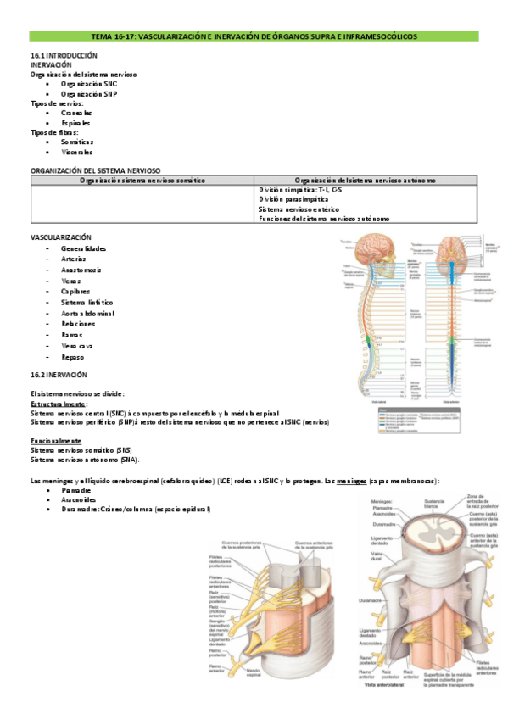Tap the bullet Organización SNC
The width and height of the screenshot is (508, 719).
(88, 84)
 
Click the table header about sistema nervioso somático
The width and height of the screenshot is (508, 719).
(142, 180)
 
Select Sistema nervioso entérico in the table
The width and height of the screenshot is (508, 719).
(299, 209)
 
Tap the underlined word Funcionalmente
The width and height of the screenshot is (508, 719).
(56, 441)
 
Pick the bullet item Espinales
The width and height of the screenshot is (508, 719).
(75, 122)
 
